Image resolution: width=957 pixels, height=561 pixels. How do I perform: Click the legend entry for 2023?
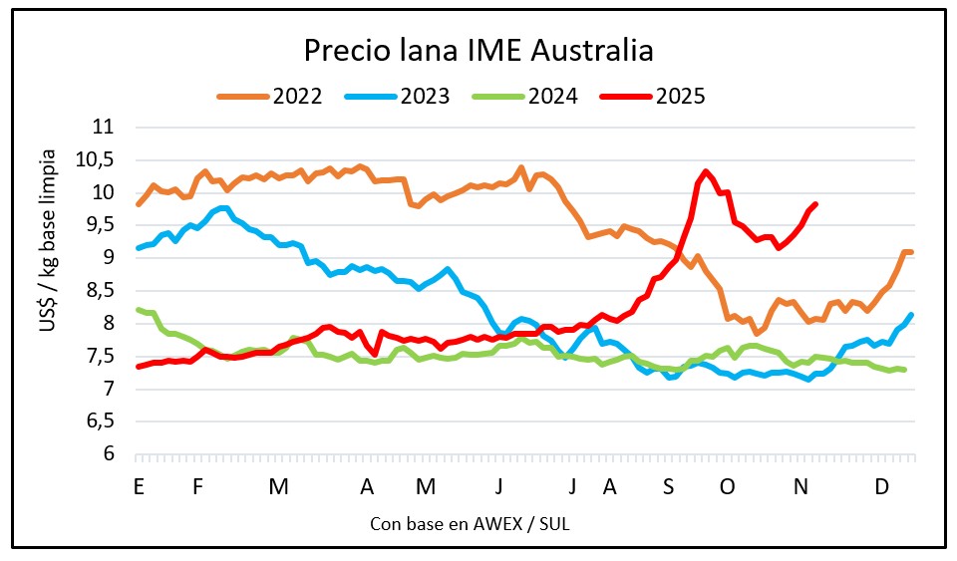399,96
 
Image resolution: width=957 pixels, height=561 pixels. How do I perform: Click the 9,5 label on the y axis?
98,225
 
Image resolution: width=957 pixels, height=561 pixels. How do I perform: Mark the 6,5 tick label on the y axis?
98,421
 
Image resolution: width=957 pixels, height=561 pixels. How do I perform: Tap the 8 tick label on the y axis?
108,323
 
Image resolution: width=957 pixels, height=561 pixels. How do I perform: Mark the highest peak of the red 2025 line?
706,171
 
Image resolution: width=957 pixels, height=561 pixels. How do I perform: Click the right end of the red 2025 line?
816,204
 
